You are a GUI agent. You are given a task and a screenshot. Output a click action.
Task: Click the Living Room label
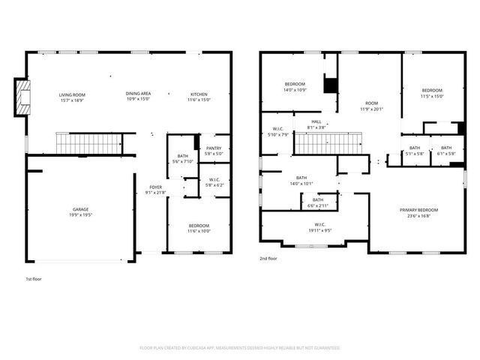(73, 94)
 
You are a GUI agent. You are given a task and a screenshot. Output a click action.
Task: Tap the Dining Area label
(138, 94)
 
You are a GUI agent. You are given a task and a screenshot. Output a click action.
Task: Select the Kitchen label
(199, 94)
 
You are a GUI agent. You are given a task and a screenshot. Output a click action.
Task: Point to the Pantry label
(214, 148)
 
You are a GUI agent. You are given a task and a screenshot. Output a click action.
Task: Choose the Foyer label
(155, 187)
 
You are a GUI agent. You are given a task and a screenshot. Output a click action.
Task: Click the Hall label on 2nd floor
(316, 121)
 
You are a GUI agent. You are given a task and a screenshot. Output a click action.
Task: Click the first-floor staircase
(80, 141)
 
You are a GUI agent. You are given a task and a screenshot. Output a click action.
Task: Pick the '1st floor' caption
(33, 279)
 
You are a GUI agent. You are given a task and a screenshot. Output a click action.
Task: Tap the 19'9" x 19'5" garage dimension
(81, 215)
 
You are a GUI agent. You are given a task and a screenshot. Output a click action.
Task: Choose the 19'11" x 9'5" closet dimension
(319, 230)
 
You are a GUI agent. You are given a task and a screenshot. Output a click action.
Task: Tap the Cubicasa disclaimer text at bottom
(240, 348)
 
